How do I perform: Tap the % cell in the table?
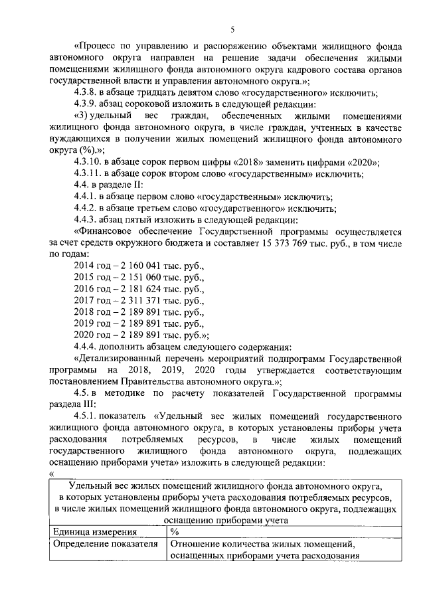click(175, 532)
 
